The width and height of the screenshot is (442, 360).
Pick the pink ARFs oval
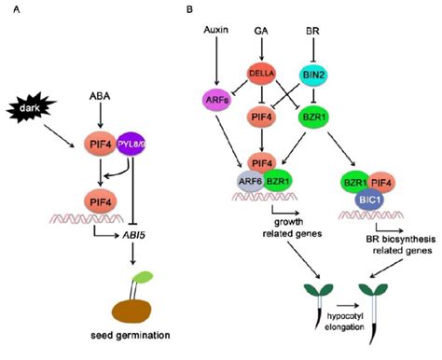[x=215, y=101]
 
